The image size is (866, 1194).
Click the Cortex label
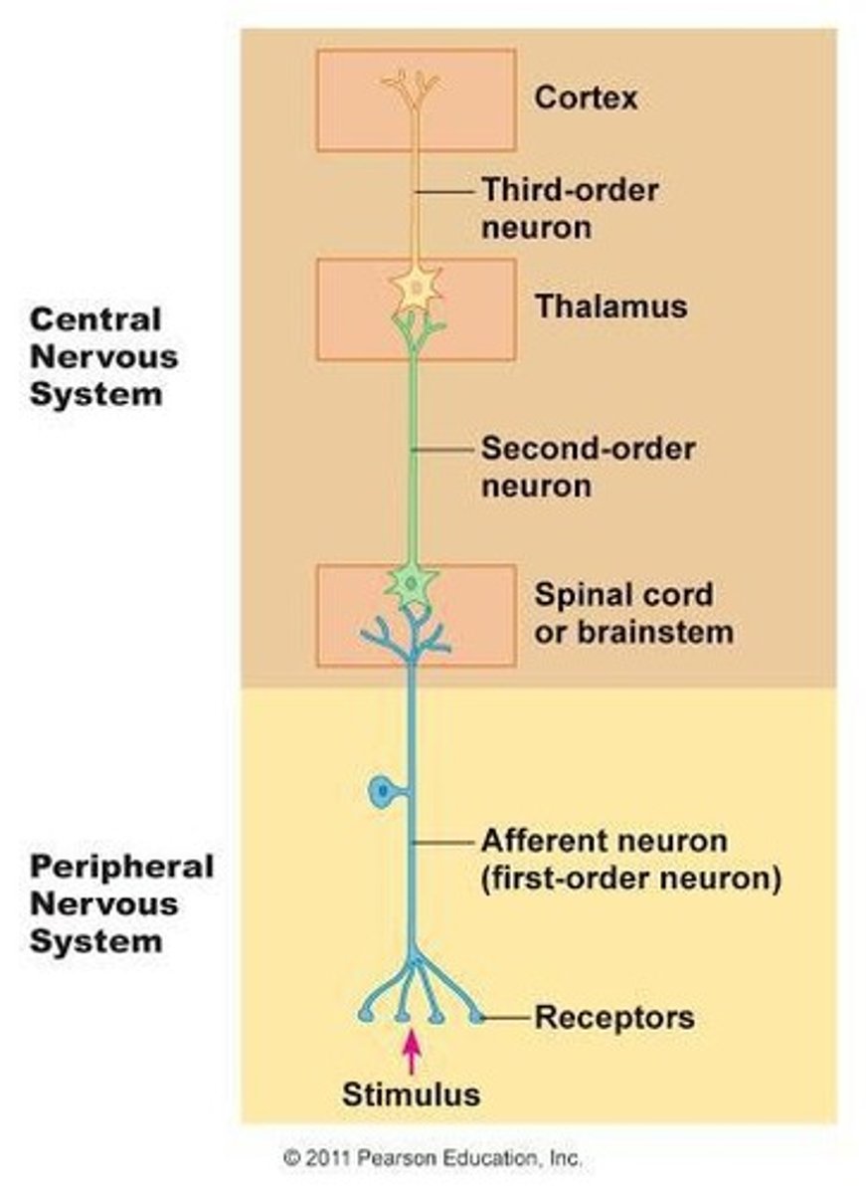[x=586, y=99]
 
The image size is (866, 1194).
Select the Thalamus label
[x=610, y=305]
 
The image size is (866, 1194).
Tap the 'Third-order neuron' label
[x=570, y=208]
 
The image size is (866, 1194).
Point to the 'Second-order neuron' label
[x=588, y=467]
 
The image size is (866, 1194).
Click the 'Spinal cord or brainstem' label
[x=633, y=613]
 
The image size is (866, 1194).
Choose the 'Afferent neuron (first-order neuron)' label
[x=629, y=860]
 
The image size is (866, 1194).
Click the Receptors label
[x=613, y=1018]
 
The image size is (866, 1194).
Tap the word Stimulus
[x=411, y=1095]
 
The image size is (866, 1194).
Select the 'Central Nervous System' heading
[x=103, y=356]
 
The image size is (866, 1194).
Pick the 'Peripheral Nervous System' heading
[x=120, y=903]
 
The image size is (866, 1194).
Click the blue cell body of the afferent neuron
[x=382, y=792]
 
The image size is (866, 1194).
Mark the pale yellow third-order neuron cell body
[x=415, y=290]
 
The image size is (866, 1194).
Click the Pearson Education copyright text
[x=433, y=1158]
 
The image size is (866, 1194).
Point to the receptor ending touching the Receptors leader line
[x=477, y=1017]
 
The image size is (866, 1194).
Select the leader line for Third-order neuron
[x=443, y=190]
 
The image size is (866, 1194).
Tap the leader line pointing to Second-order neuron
[x=443, y=450]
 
